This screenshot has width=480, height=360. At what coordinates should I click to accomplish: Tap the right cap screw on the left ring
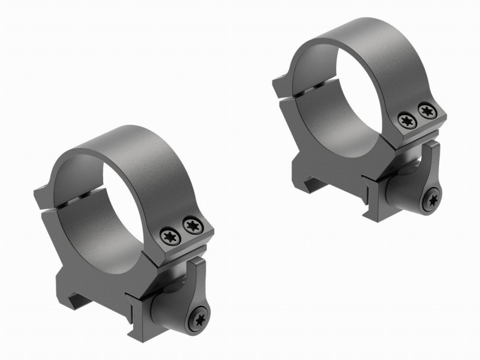pyautogui.click(x=192, y=225)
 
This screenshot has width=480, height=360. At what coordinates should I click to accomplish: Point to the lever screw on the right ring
pyautogui.click(x=431, y=202)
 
